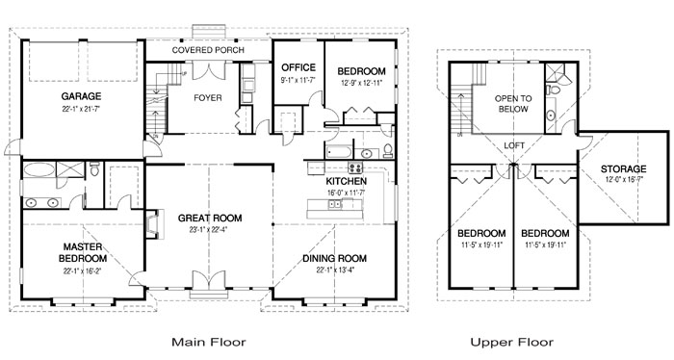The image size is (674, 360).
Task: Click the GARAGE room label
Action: click(81, 96)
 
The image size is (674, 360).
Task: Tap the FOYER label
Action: click(208, 98)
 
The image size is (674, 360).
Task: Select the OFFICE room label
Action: click(298, 67)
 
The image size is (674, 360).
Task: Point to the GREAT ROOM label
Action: click(210, 219)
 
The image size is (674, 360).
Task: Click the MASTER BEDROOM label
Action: click(83, 252)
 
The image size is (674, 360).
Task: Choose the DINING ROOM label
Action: click(334, 259)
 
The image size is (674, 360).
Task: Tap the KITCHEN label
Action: click(346, 181)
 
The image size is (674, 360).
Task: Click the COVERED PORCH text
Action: click(208, 50)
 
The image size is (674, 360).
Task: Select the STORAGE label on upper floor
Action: click(623, 169)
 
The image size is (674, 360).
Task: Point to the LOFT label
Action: click(514, 145)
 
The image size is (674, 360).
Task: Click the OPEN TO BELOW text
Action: click(513, 104)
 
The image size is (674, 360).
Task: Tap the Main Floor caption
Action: click(209, 342)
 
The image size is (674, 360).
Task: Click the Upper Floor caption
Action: click(511, 342)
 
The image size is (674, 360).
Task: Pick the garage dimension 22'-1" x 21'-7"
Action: click(81, 109)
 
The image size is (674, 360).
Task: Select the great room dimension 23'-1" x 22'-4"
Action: click(210, 229)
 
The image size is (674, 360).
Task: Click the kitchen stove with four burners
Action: click(355, 167)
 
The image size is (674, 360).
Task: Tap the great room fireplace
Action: click(154, 224)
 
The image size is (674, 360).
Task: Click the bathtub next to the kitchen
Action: click(339, 152)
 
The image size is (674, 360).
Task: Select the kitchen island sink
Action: click(335, 204)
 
